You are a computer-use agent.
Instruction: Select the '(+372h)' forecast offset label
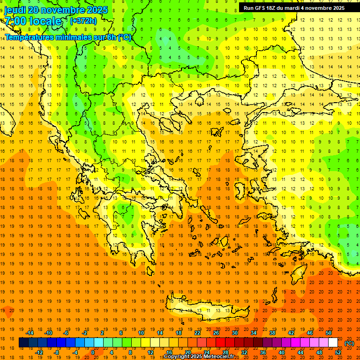83,21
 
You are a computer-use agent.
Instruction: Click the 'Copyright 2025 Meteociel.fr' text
199,357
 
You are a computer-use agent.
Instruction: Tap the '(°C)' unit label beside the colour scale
349,343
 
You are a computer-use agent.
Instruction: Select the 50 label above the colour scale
328,333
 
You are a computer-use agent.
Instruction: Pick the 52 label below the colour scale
338,352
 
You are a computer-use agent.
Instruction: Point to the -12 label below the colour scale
39,352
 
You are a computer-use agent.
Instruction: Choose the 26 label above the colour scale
216,333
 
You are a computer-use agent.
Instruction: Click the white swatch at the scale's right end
333,343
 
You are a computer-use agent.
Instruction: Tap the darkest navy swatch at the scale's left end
23,343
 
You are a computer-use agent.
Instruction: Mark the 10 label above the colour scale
141,333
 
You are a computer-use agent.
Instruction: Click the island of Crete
206,309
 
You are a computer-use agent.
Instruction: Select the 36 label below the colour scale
263,352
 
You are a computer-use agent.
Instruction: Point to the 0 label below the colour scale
93,352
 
